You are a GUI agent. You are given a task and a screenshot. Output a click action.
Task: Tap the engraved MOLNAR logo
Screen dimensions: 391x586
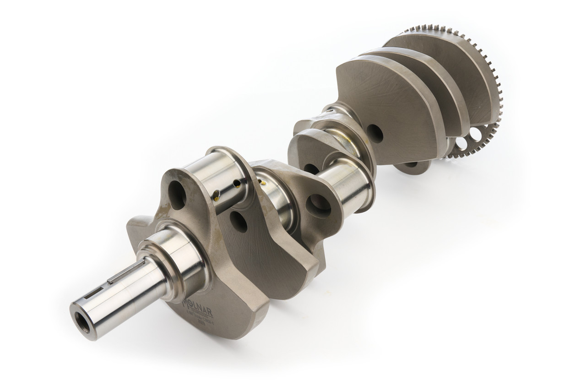click(x=197, y=304)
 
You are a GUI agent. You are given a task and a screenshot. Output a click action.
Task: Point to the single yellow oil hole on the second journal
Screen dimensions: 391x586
click(x=263, y=182)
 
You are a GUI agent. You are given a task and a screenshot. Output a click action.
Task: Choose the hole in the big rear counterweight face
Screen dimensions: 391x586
click(x=375, y=133)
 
